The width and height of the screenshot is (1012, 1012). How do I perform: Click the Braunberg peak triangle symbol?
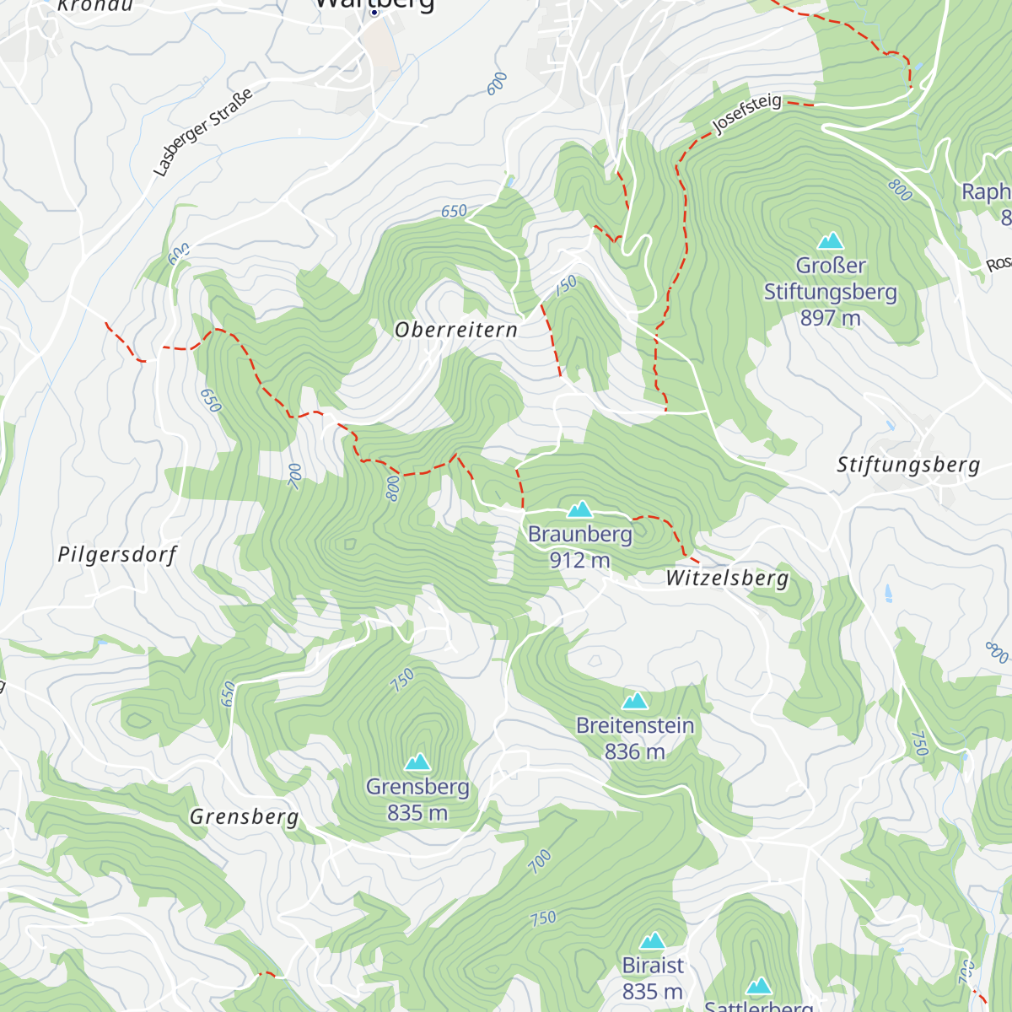coord(579,509)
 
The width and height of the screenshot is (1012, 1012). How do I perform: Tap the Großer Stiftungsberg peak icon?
coord(831,241)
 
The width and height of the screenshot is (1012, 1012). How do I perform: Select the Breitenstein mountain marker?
coord(634,701)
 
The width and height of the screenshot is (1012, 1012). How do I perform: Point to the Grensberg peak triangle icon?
coord(417,762)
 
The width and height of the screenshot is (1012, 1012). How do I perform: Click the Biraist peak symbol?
coord(653,941)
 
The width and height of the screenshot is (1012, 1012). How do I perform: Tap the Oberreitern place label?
coord(456,330)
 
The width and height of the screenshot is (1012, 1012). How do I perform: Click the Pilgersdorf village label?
coord(118,555)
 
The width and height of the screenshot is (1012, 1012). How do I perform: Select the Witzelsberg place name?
coord(727,578)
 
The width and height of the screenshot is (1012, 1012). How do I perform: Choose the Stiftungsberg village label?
coord(908,465)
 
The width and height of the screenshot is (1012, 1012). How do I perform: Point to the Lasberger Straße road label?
coord(202,132)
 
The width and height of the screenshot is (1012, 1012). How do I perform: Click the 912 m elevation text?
coord(579,560)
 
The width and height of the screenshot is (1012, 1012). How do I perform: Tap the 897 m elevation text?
coord(831,318)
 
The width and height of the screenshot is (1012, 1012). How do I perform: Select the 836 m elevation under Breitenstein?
coord(634,751)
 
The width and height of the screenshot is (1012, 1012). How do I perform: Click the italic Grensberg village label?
coord(244,816)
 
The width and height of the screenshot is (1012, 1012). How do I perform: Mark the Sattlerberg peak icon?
coord(759,987)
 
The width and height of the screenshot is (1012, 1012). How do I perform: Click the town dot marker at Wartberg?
coord(374,12)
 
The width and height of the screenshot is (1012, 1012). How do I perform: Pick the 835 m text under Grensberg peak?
coord(417,813)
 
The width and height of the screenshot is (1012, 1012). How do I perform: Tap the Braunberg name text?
coord(579,535)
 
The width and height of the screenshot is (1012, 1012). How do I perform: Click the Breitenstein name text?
coord(635,725)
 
